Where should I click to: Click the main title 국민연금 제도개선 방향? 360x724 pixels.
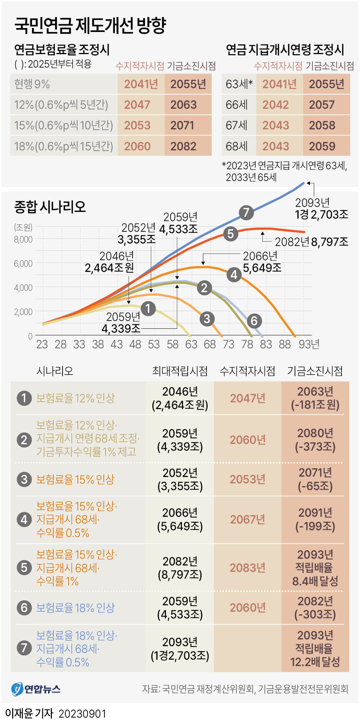click(x=90, y=26)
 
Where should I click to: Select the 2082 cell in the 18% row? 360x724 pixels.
click(x=183, y=146)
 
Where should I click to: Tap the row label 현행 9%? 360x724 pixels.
click(x=32, y=84)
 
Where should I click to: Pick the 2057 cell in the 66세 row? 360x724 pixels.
click(x=322, y=105)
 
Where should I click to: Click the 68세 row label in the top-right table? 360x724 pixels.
click(x=237, y=146)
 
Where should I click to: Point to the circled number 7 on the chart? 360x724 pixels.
click(x=246, y=213)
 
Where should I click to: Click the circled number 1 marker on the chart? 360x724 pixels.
click(x=148, y=309)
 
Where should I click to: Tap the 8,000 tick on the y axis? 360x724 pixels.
click(x=23, y=240)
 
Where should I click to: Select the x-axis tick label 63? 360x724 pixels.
click(x=191, y=344)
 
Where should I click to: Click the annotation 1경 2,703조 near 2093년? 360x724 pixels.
click(x=322, y=214)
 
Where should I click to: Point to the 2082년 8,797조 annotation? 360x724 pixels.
click(x=311, y=242)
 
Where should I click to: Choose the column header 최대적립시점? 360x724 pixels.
click(x=180, y=371)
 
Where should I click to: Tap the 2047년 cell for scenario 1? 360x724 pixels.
click(x=248, y=398)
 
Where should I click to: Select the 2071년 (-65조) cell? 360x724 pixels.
click(x=315, y=479)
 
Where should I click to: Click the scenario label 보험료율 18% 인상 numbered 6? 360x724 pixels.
click(x=75, y=608)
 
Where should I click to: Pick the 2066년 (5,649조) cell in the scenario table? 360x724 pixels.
click(x=180, y=519)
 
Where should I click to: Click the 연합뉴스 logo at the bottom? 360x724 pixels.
click(x=36, y=689)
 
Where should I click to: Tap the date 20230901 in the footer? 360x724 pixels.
click(x=82, y=714)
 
